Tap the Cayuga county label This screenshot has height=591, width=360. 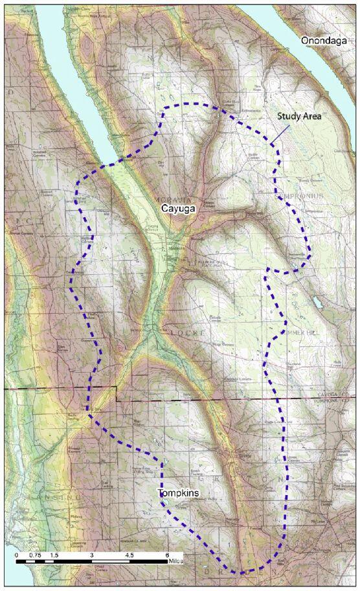click(x=177, y=209)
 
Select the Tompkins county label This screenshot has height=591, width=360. click(x=178, y=494)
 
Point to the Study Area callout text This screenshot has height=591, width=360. click(x=299, y=116)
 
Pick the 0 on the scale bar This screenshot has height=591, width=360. click(x=17, y=555)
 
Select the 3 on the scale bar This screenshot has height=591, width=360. click(x=92, y=555)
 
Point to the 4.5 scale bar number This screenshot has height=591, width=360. click(x=129, y=555)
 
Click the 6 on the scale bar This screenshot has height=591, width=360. click(x=167, y=555)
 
